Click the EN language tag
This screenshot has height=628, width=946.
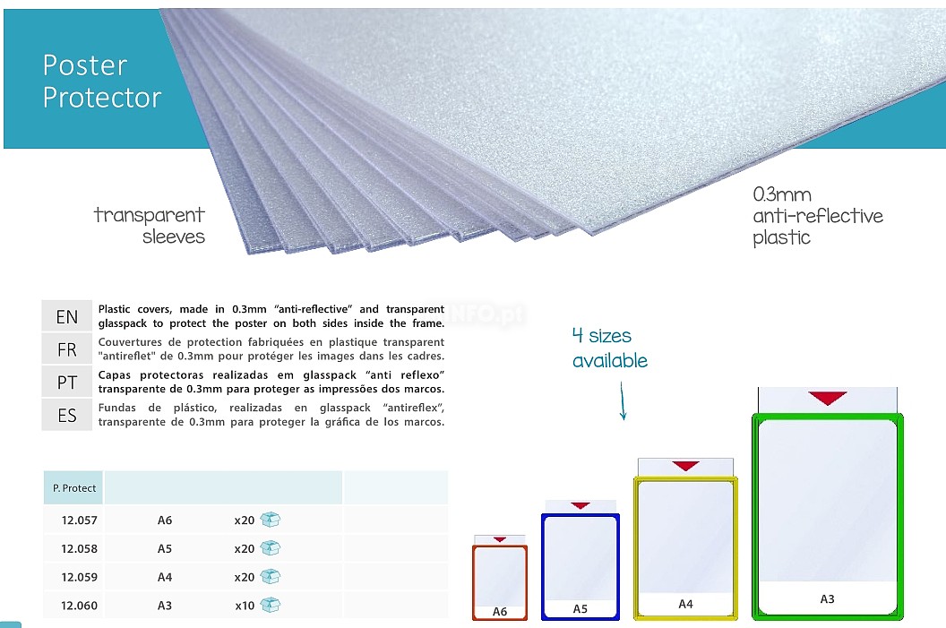[67, 317]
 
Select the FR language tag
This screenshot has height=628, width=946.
[67, 350]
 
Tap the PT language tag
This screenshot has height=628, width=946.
[67, 383]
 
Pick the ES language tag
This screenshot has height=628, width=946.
[67, 416]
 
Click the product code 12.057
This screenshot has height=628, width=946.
[79, 520]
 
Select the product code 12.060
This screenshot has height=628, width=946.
[79, 606]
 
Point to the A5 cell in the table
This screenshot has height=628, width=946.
[165, 549]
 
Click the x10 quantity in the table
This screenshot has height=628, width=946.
[245, 606]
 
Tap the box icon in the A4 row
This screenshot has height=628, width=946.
[271, 577]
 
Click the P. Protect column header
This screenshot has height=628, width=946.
[74, 488]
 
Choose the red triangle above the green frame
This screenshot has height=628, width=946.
[828, 398]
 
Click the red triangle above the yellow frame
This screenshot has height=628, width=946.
[685, 466]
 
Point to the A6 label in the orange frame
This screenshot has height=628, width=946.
[500, 612]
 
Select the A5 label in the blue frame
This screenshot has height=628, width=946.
[580, 608]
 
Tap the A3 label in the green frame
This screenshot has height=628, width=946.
[827, 599]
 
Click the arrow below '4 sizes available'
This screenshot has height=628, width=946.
[623, 401]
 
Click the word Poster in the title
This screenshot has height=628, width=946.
[85, 65]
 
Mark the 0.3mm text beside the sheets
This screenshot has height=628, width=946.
[782, 195]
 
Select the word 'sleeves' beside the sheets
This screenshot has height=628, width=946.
[174, 237]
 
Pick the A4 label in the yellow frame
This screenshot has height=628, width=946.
[685, 604]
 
